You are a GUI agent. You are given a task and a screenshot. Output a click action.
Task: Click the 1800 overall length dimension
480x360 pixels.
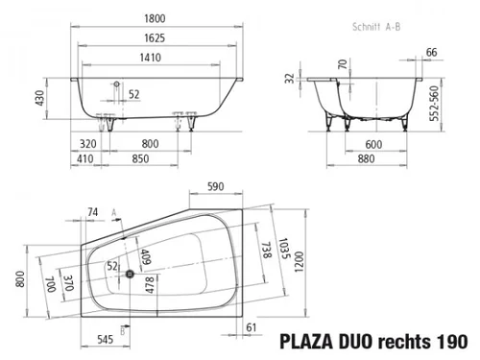click(x=155, y=18)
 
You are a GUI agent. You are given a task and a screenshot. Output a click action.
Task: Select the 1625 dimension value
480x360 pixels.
click(x=155, y=38)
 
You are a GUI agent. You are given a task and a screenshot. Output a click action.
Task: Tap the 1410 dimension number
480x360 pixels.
click(x=151, y=58)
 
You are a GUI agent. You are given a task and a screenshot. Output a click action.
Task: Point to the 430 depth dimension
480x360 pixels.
click(x=39, y=99)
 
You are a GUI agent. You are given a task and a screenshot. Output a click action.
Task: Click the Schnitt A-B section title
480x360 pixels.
click(x=376, y=27)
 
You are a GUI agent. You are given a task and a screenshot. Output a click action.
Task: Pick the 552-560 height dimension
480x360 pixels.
click(x=434, y=104)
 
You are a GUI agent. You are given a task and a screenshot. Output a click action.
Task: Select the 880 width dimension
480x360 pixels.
click(x=366, y=158)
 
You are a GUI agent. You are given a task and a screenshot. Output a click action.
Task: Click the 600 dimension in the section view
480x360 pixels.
click(x=373, y=144)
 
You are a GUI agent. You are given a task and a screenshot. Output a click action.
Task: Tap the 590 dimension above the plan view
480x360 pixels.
click(x=216, y=186)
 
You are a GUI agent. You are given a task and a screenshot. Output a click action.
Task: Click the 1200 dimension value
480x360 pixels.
click(x=299, y=262)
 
